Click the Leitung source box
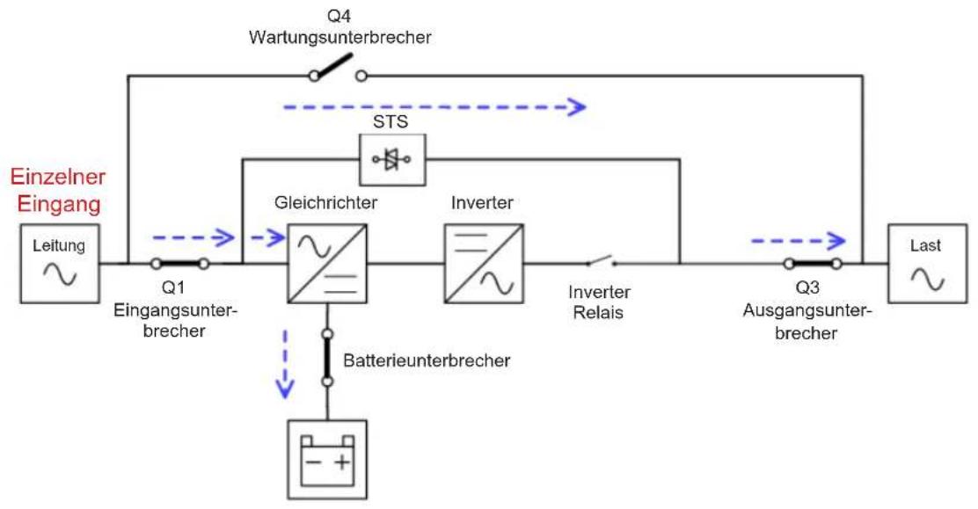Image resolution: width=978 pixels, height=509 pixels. pos(60,264)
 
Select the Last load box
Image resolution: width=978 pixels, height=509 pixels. pos(928,264)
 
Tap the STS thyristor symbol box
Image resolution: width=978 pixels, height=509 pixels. pos(393,160)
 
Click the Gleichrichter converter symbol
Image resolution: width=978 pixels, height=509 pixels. pos(327,264)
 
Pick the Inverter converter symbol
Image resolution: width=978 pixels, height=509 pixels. pos(484,264)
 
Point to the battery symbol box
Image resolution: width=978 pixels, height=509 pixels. pos(327,460)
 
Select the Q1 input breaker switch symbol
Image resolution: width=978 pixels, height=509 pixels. pos(179,264)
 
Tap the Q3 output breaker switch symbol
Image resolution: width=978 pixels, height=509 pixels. pos(814,264)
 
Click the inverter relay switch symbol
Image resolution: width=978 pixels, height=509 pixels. pos(602,261)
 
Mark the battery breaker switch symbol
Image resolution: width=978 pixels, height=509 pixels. pos(327,358)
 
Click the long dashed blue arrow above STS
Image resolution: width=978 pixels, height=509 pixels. pos(434,107)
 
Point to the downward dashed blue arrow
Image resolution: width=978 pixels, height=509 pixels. pos(285,364)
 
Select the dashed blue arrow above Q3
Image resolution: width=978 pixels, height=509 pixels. pos(799,240)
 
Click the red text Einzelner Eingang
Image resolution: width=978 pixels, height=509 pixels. pos(58,190)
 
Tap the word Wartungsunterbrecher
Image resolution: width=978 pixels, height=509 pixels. pos(340,38)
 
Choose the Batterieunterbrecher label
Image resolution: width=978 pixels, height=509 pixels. pos(427,360)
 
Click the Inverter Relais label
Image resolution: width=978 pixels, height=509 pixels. pos(600,302)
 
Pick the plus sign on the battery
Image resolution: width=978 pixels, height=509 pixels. pos(342,462)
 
